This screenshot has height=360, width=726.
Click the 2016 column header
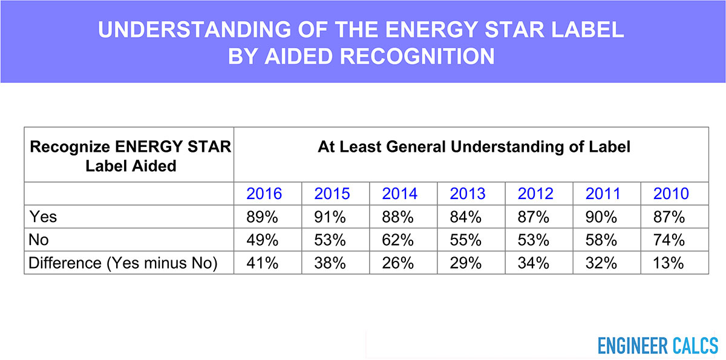pyautogui.click(x=264, y=194)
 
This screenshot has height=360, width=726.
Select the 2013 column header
pyautogui.click(x=468, y=194)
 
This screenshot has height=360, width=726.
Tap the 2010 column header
pyautogui.click(x=671, y=194)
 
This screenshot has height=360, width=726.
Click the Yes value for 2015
pyautogui.click(x=330, y=217)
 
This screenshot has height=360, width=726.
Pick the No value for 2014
pyautogui.click(x=397, y=240)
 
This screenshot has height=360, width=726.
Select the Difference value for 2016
pyautogui.click(x=262, y=263)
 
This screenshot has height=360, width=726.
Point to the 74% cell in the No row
pyautogui.click(x=669, y=240)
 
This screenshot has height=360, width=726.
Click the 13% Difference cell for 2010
pyautogui.click(x=669, y=263)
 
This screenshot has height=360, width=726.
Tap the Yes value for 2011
pyautogui.click(x=601, y=217)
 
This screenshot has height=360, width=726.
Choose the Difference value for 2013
pyautogui.click(x=466, y=263)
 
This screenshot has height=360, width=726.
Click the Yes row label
pyautogui.click(x=43, y=217)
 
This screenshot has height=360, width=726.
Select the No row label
pyautogui.click(x=39, y=240)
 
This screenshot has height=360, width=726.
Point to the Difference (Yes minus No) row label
pyautogui.click(x=123, y=263)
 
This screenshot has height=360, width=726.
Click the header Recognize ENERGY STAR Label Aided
pyautogui.click(x=130, y=156)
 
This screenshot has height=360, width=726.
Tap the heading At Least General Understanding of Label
pyautogui.click(x=474, y=146)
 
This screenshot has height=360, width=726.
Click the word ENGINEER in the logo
pyautogui.click(x=633, y=345)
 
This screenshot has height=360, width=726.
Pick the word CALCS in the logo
pyautogui.click(x=696, y=345)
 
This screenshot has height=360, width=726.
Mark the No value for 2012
pyautogui.click(x=534, y=240)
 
